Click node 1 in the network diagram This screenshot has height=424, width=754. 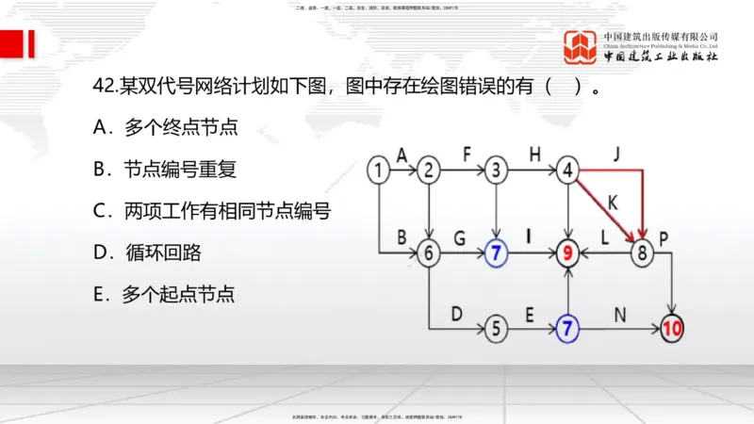point(378,171)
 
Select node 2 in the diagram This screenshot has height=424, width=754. point(430,171)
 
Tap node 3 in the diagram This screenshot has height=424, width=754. point(497,171)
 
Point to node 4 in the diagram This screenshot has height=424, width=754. point(567,171)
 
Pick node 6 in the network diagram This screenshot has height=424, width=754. point(430,253)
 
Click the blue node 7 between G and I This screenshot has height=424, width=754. point(497,253)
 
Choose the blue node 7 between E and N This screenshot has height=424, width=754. point(567,329)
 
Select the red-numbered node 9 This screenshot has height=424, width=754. point(567,253)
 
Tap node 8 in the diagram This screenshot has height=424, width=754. point(644,253)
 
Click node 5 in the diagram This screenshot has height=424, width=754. point(497,329)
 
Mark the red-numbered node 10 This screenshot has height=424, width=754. point(671,329)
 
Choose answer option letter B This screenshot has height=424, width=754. point(101,170)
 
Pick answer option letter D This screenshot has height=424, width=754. point(101,253)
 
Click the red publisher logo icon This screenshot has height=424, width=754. point(581,47)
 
